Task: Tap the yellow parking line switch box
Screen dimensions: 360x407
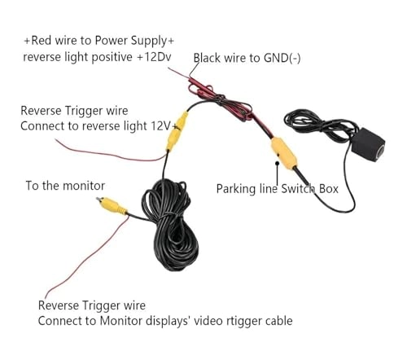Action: (282, 151)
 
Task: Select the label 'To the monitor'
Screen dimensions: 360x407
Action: (65, 186)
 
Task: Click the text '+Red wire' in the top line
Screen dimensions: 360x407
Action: (50, 40)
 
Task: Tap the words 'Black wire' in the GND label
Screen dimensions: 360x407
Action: (220, 57)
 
